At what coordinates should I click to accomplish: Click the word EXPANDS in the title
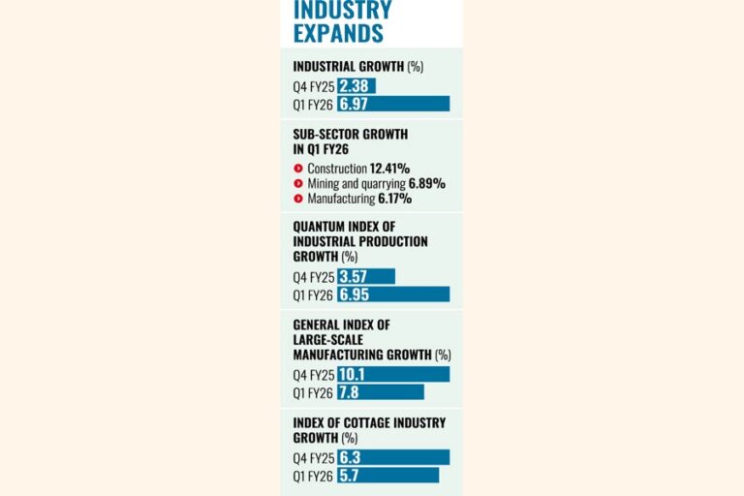[338, 33]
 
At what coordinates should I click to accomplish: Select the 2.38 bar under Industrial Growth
[356, 85]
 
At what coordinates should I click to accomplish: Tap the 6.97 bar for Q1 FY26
[393, 103]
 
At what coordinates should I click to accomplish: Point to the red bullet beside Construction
[299, 168]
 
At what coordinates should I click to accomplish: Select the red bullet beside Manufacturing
[299, 199]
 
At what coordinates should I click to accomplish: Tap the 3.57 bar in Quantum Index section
[366, 276]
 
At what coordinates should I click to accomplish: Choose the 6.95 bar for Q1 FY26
[393, 294]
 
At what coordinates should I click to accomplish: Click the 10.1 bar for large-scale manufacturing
[393, 374]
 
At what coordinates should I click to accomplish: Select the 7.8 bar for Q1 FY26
[381, 391]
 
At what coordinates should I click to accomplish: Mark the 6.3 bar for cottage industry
[393, 457]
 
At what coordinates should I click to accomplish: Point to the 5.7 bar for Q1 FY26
[388, 475]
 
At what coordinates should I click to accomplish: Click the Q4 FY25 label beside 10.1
[313, 374]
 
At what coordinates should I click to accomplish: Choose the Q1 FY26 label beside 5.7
[313, 475]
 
